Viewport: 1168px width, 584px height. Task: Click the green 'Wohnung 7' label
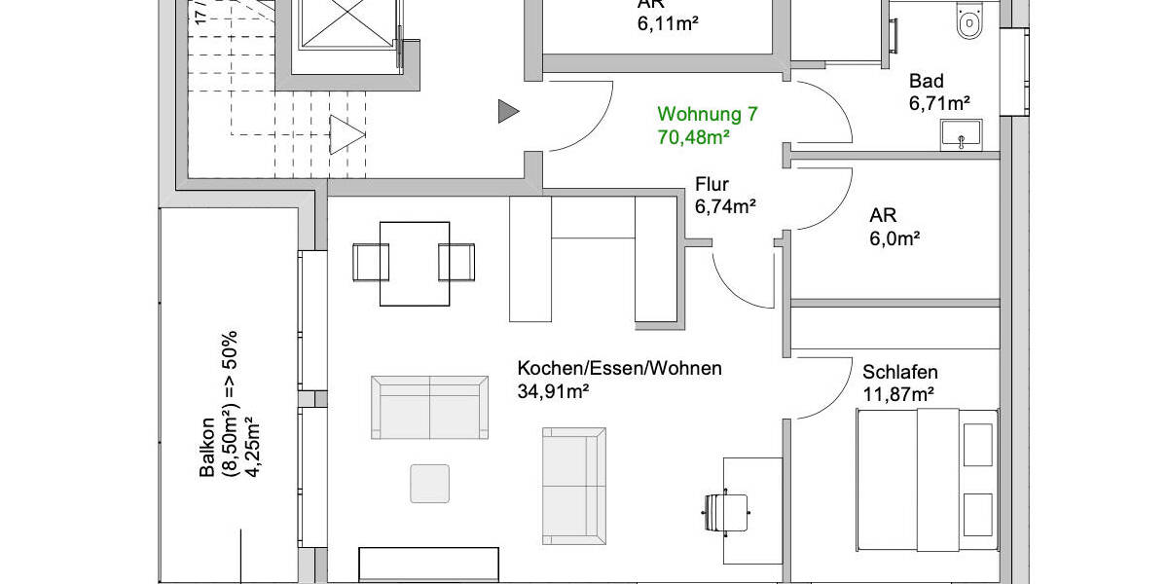pyautogui.click(x=708, y=115)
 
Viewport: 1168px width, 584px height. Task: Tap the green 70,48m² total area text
pyautogui.click(x=694, y=138)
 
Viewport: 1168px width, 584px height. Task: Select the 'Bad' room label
pyautogui.click(x=927, y=82)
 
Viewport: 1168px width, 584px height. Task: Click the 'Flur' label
pyautogui.click(x=712, y=184)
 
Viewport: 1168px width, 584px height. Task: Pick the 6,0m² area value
pyautogui.click(x=895, y=237)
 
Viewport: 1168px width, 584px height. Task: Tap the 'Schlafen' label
pyautogui.click(x=900, y=372)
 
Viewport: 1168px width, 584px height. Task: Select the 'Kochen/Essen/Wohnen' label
pyautogui.click(x=619, y=369)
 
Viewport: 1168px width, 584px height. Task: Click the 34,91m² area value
pyautogui.click(x=554, y=391)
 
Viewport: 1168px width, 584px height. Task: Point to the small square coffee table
pyautogui.click(x=429, y=484)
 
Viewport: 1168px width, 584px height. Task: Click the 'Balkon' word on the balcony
pyautogui.click(x=207, y=449)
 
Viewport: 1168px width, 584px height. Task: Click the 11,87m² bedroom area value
pyautogui.click(x=898, y=394)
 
